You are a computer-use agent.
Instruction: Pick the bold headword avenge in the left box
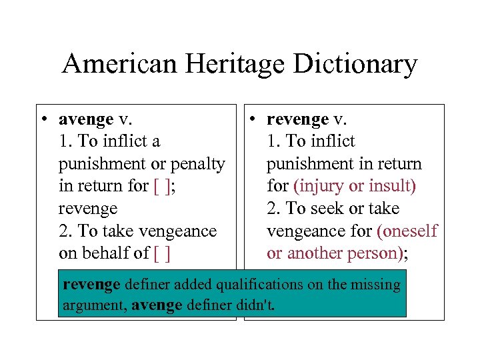coord(86,120)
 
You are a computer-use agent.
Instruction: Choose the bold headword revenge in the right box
coord(297,120)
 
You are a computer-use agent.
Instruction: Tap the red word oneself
coord(408,231)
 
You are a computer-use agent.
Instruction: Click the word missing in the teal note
coord(377,285)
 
